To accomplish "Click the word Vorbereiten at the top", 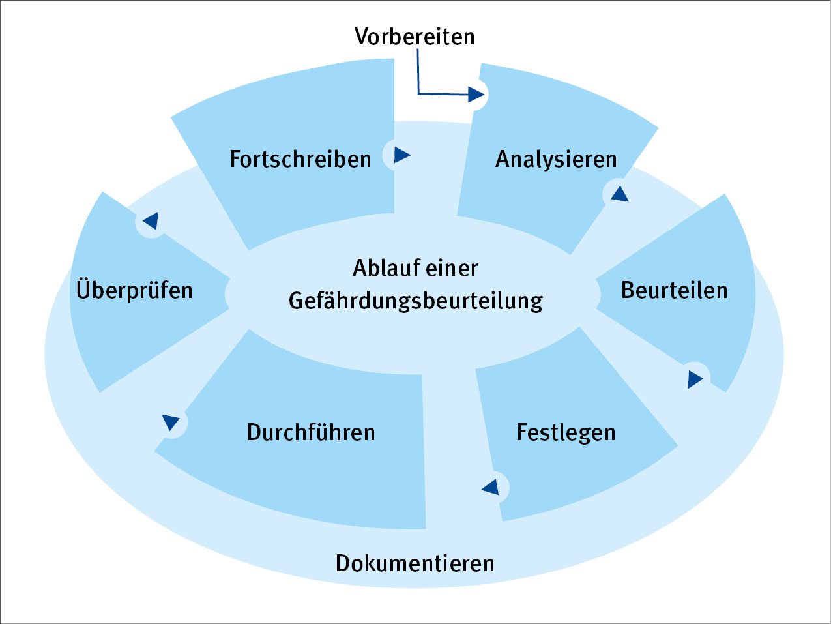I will point(415,36).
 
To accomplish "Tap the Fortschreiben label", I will point(300,159).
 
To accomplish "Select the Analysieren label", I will point(556,159).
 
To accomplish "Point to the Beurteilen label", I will point(674,290).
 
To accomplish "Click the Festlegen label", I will point(566,432).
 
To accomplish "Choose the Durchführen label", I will point(311,432).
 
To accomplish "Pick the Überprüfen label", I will point(134,290).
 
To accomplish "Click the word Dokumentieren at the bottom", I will point(415,563).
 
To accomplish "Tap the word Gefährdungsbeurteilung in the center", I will point(416,301).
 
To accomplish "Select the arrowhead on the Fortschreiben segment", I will point(402,155).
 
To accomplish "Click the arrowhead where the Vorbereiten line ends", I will point(476,95).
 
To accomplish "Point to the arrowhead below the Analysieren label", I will point(620,194).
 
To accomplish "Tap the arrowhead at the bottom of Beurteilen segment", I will point(695,379).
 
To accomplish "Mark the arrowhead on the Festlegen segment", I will point(491,486).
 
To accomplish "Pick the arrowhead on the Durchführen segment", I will point(171,422).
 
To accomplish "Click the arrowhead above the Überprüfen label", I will point(151,220).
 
